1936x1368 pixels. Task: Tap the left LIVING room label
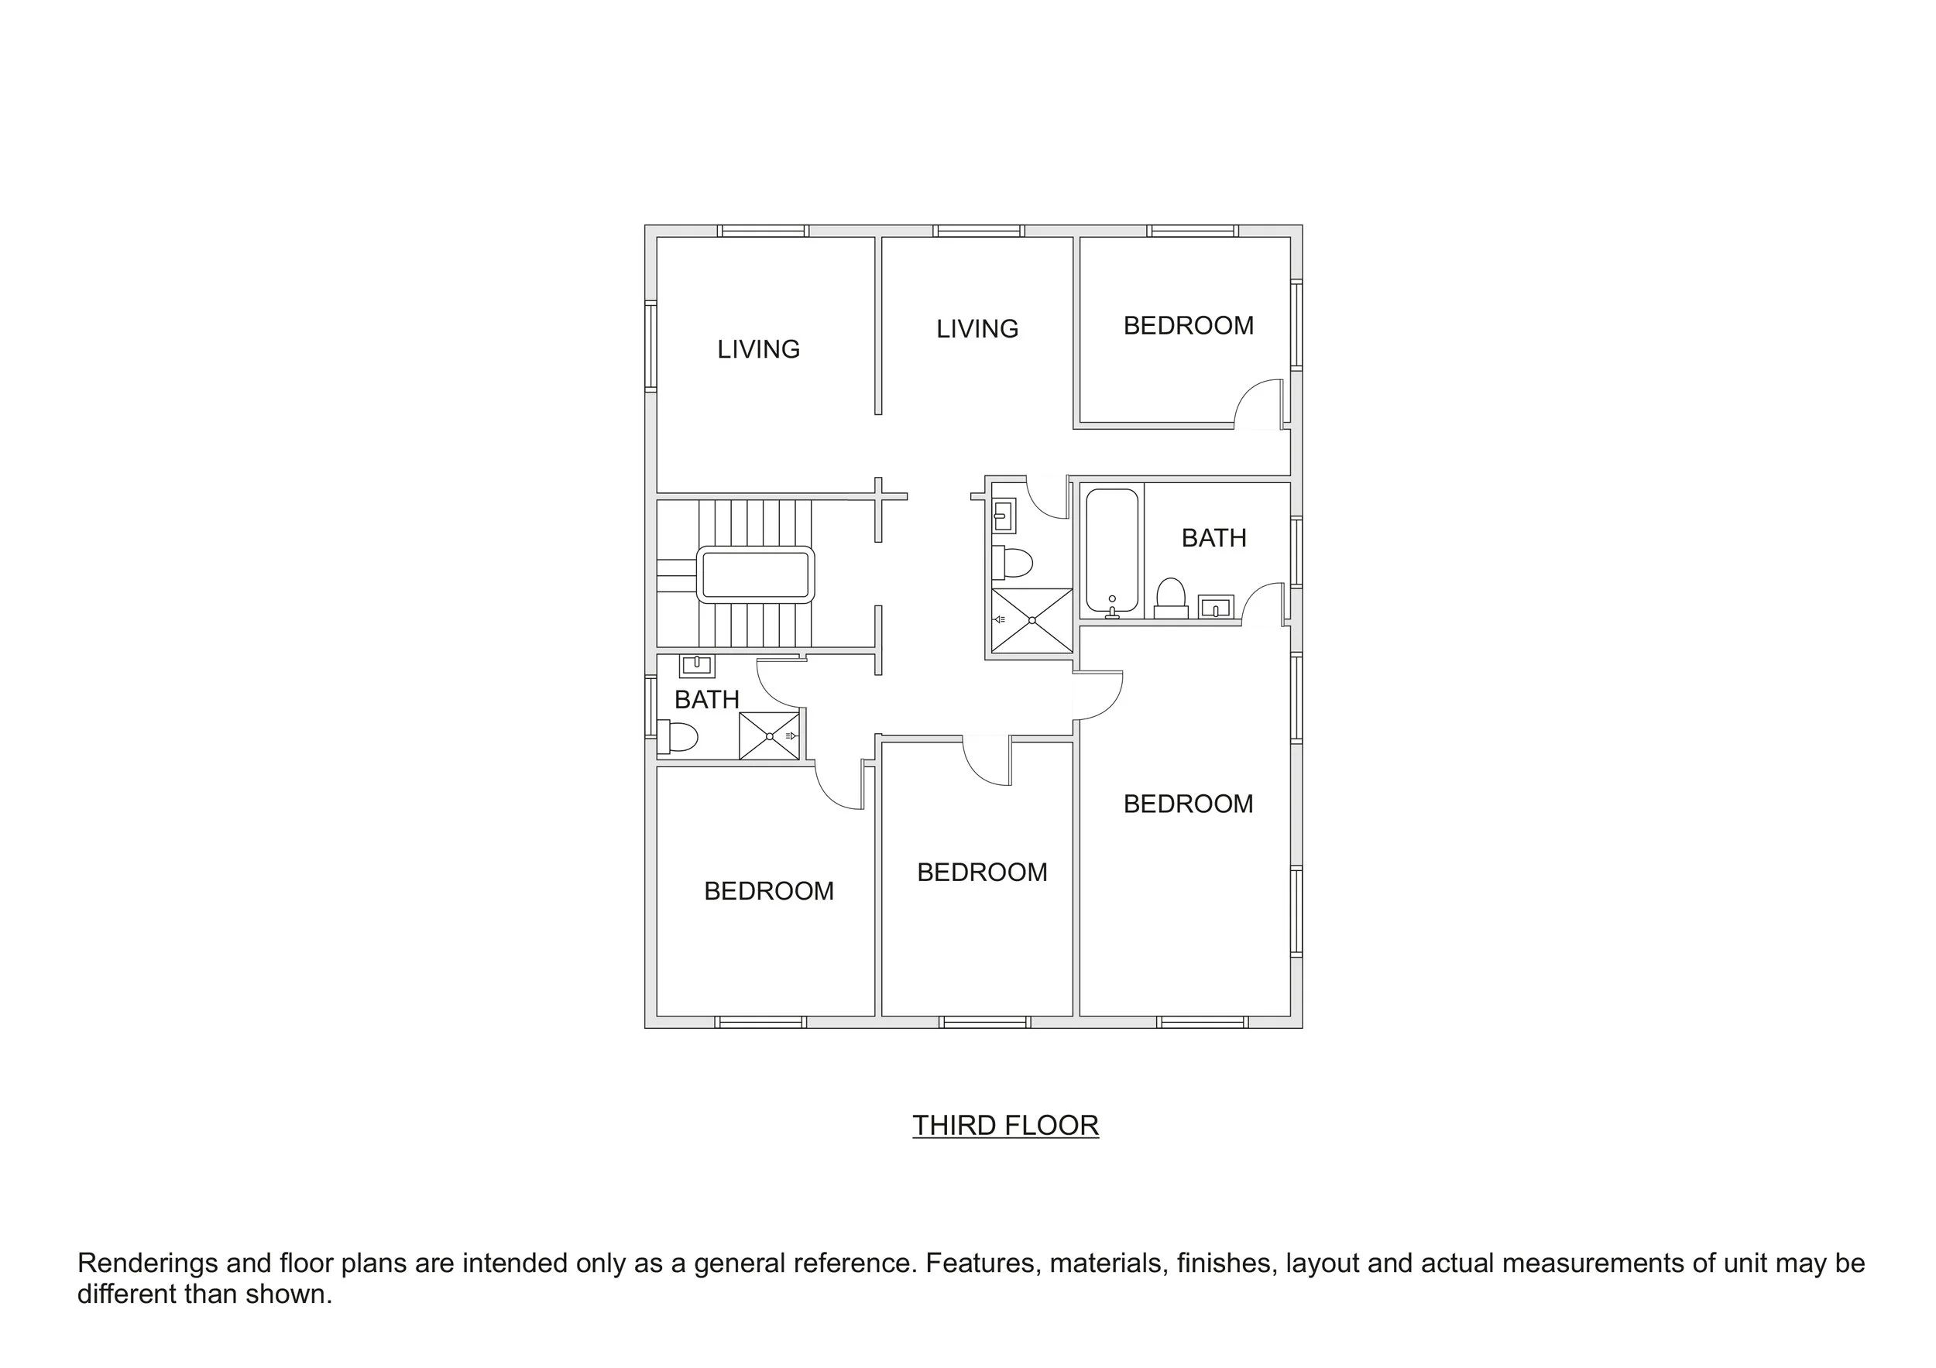coord(758,349)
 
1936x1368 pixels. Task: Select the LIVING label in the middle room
coord(977,329)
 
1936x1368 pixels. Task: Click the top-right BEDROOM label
coord(1188,325)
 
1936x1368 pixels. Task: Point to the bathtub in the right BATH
coord(1111,550)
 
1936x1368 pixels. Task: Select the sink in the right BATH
coord(1216,606)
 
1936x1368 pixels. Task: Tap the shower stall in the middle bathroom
coord(1032,620)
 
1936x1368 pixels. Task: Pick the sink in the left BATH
coord(696,665)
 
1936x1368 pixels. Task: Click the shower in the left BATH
coord(769,735)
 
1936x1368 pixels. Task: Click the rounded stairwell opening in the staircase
coord(755,575)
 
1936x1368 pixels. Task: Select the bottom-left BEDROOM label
coord(768,891)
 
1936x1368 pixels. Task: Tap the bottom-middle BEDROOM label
coord(981,873)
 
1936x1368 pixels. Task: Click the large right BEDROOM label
coord(1188,804)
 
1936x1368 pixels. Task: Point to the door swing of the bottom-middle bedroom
coord(987,760)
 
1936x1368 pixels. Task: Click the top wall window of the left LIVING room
coord(762,230)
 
